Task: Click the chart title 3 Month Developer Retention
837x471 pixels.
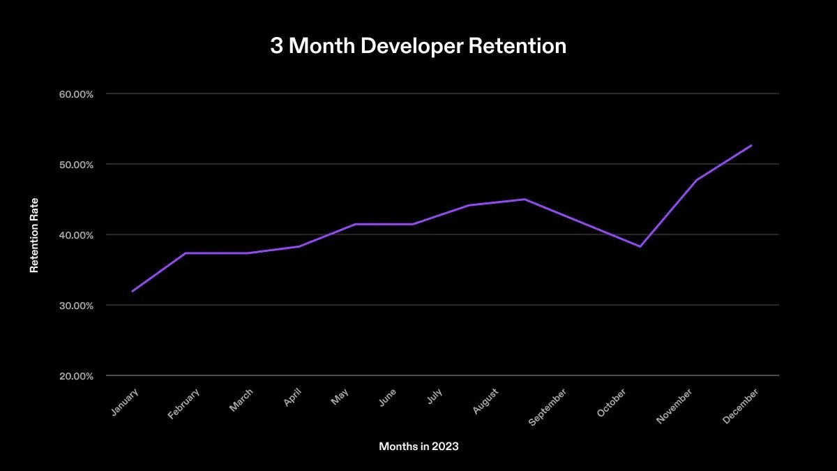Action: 418,47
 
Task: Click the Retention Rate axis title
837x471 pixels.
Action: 33,235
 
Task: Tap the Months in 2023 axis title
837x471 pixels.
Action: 418,446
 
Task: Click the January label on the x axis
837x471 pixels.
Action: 124,402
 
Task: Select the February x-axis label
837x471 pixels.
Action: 183,404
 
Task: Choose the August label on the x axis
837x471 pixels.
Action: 485,401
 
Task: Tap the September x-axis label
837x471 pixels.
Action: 548,407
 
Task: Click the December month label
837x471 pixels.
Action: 741,405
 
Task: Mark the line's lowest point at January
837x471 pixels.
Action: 132,291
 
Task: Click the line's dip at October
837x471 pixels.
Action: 640,246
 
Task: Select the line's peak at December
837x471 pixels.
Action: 752,145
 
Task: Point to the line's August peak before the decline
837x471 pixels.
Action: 525,199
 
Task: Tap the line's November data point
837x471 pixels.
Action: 696,180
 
